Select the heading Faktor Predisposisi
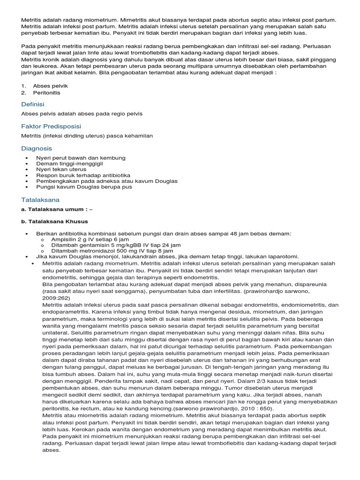[x=51, y=127]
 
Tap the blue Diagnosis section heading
[x=37, y=149]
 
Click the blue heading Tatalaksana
[x=40, y=200]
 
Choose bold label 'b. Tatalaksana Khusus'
[x=54, y=221]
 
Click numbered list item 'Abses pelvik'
[x=50, y=86]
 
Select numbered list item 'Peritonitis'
[x=46, y=93]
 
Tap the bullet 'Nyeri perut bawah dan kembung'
[x=81, y=158]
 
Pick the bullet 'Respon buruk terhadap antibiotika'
[x=83, y=175]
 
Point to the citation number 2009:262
[x=56, y=297]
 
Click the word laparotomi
[x=282, y=256]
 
